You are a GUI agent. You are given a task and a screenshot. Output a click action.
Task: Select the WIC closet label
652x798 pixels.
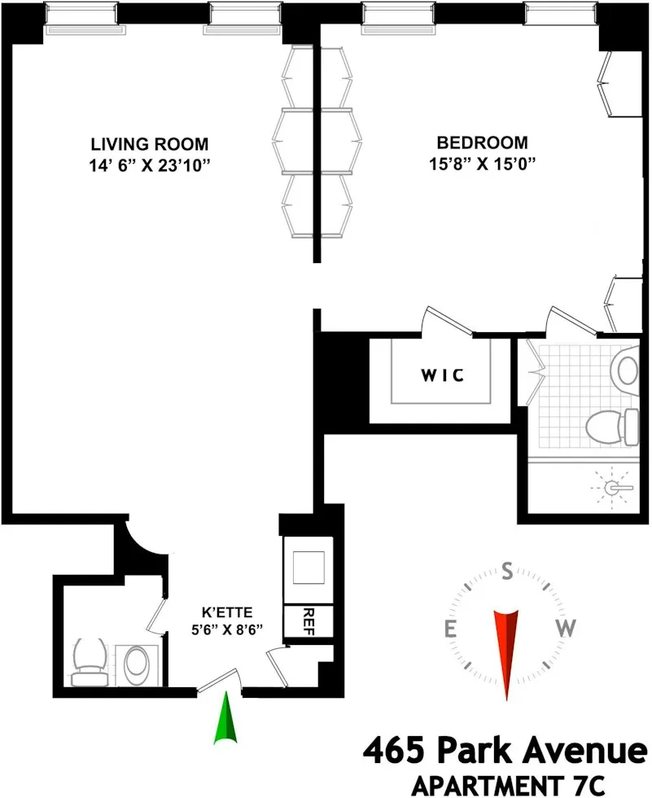click(x=442, y=375)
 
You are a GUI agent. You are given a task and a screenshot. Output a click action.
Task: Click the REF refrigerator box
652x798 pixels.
click(x=308, y=620)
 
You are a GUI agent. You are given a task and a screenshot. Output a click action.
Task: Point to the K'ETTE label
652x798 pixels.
click(x=228, y=612)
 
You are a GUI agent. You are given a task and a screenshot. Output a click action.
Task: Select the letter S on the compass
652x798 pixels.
click(x=507, y=572)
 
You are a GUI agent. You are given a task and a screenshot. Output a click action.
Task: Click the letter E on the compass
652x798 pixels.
click(x=449, y=628)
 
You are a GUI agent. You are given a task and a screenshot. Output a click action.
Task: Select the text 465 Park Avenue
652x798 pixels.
click(x=504, y=748)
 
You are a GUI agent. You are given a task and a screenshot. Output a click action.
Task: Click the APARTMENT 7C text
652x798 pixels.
click(x=509, y=784)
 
